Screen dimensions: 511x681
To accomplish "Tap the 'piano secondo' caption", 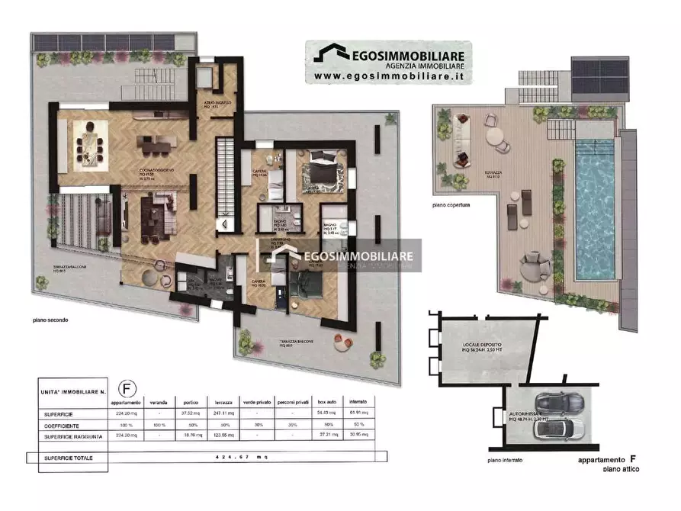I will pos(50,320).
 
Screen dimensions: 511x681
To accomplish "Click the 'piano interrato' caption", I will pos(504,461).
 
